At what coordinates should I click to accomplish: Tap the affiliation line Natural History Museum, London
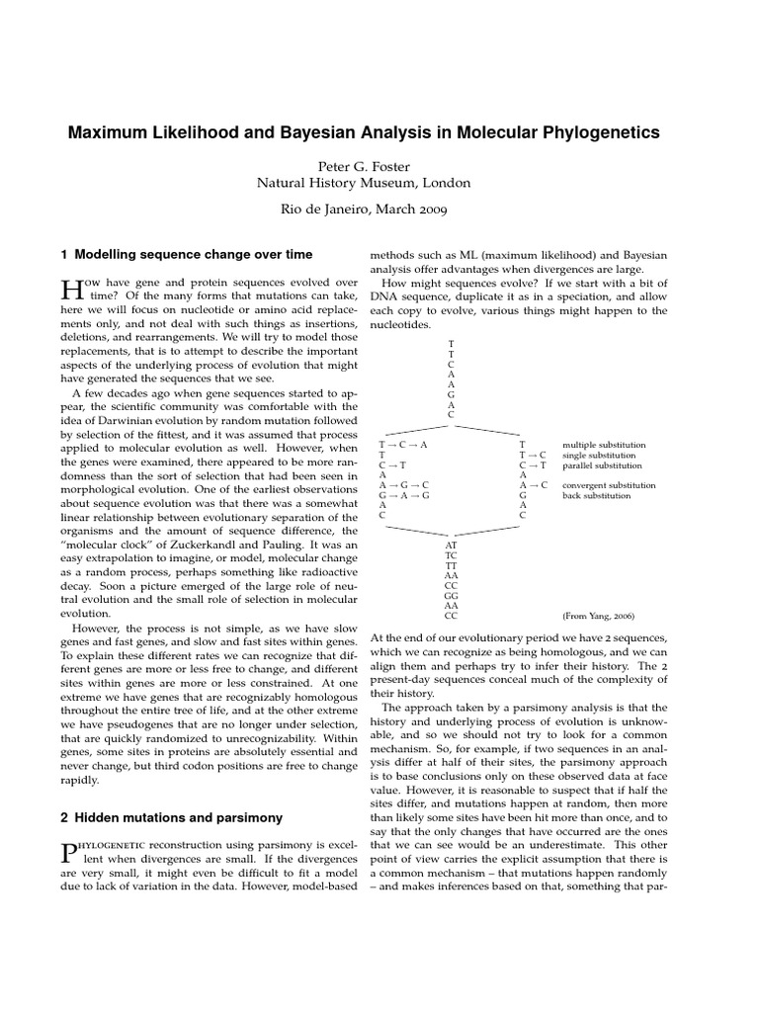pyautogui.click(x=364, y=183)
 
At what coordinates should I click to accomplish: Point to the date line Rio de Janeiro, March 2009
pyautogui.click(x=364, y=210)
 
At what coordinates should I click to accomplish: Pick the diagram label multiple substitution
pyautogui.click(x=604, y=446)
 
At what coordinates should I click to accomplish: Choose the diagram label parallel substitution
pyautogui.click(x=601, y=465)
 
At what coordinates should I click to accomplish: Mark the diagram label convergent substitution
pyautogui.click(x=608, y=485)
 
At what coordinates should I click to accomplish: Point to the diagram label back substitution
pyautogui.click(x=595, y=495)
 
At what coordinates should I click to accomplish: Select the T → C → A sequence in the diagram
pyautogui.click(x=403, y=446)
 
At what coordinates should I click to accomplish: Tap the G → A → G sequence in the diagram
pyautogui.click(x=404, y=495)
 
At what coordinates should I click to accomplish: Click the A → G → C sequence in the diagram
pyautogui.click(x=404, y=485)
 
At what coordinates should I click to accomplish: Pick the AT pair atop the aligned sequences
pyautogui.click(x=451, y=546)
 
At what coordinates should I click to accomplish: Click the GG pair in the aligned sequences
pyautogui.click(x=451, y=595)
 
